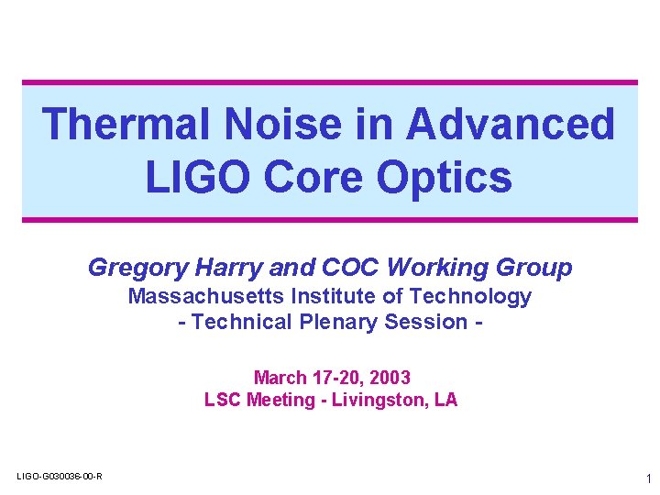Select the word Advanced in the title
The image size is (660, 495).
click(x=511, y=124)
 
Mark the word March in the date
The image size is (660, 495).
click(x=280, y=378)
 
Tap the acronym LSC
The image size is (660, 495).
click(x=223, y=400)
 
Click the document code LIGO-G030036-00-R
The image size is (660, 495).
click(x=60, y=476)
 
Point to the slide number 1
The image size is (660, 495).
click(x=648, y=478)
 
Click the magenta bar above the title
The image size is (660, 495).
click(x=330, y=82)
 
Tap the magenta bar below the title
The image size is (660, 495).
click(x=330, y=220)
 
